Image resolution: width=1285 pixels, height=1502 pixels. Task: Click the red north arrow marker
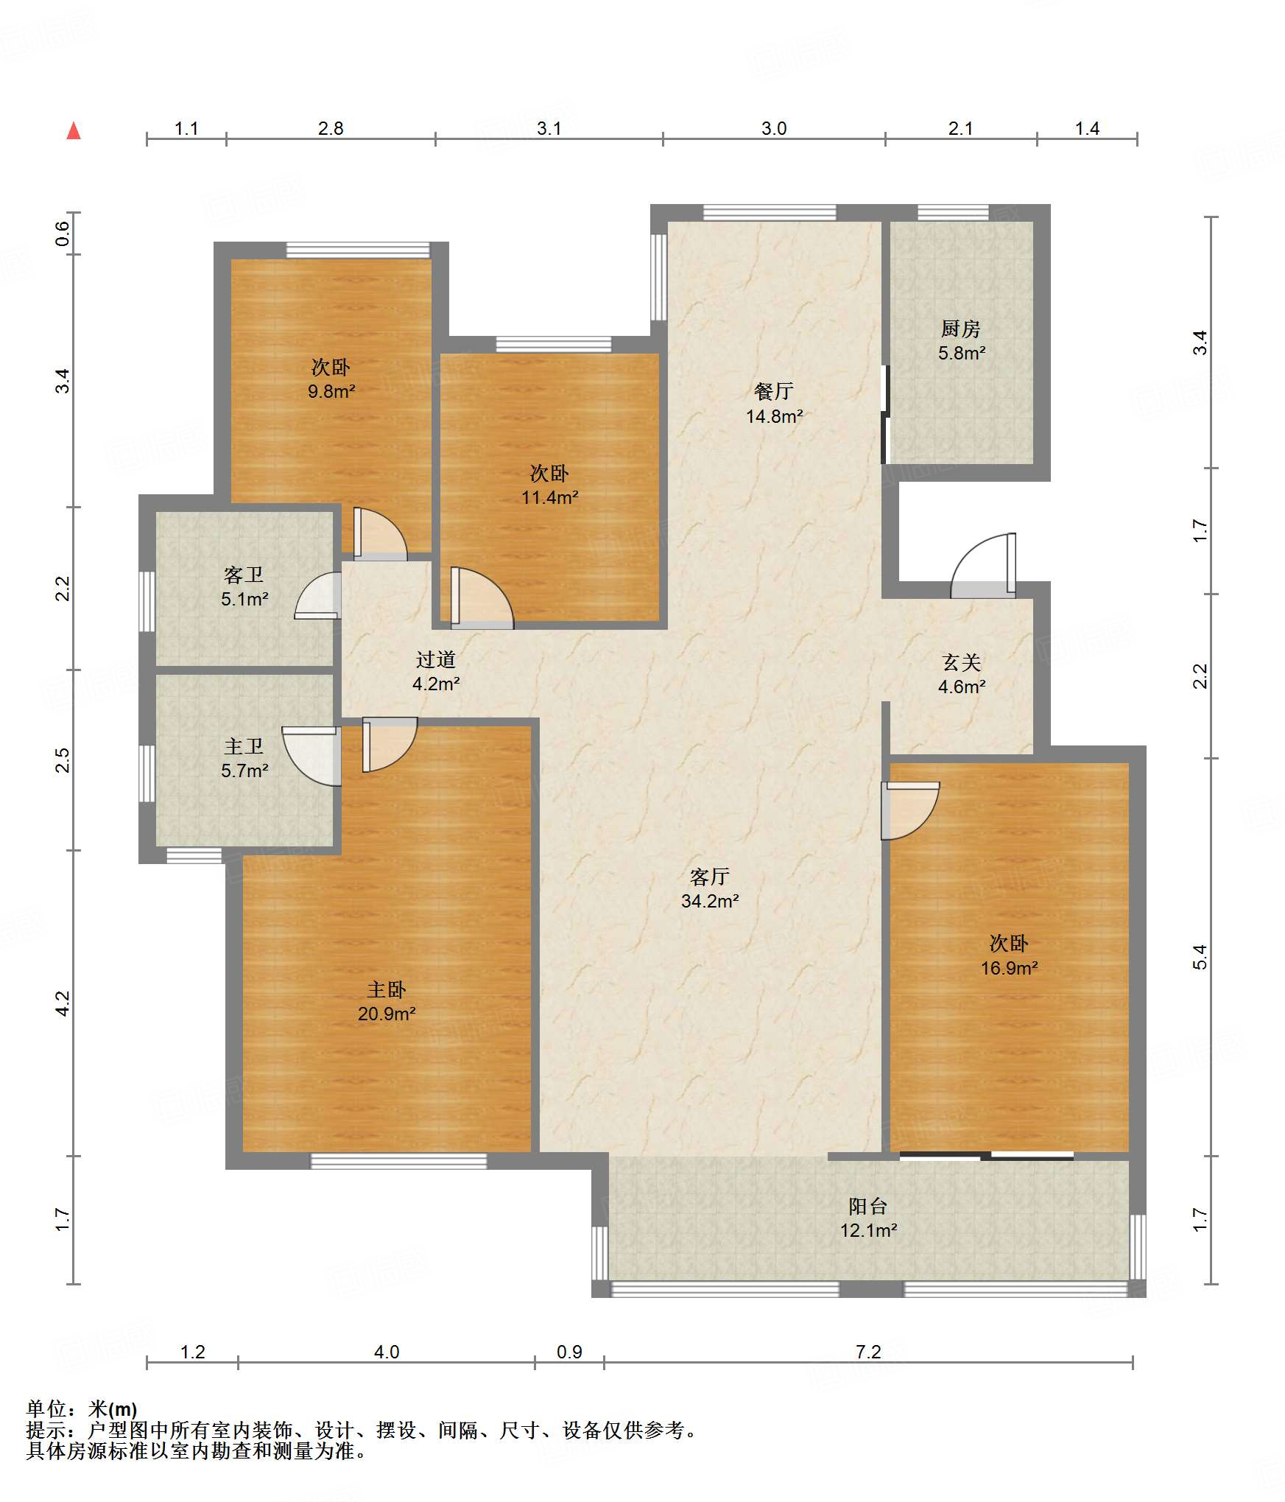coord(74,131)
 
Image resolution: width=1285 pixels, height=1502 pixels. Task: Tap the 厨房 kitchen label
coord(961,329)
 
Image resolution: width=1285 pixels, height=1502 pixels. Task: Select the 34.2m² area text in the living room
coord(710,901)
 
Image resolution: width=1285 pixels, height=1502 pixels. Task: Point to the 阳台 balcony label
coord(868,1206)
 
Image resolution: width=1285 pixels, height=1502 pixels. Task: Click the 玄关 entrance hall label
coord(962,662)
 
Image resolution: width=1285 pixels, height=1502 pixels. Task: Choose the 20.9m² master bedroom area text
coord(387,1014)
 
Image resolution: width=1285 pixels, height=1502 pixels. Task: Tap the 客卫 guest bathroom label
coord(244,575)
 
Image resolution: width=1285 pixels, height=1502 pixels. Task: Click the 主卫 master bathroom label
coord(244,746)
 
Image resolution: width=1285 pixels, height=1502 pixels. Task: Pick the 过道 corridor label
coord(436,659)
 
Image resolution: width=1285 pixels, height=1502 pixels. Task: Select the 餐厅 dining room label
coord(774,391)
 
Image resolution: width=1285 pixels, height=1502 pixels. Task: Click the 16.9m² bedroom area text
coord(1009,968)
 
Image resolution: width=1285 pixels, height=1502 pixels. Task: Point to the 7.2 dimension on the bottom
coord(868,1352)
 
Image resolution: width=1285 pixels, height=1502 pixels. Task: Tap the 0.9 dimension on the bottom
coord(569,1352)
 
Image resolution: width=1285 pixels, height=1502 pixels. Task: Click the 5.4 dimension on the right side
coord(1200,957)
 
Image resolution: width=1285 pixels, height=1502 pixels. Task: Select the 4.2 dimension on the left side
coord(63,1003)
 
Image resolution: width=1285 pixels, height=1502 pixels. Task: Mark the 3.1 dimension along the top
coord(549,128)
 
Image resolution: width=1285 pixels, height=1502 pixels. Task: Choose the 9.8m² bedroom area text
coord(331,391)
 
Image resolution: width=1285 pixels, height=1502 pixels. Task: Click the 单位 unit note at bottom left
coord(82,1409)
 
